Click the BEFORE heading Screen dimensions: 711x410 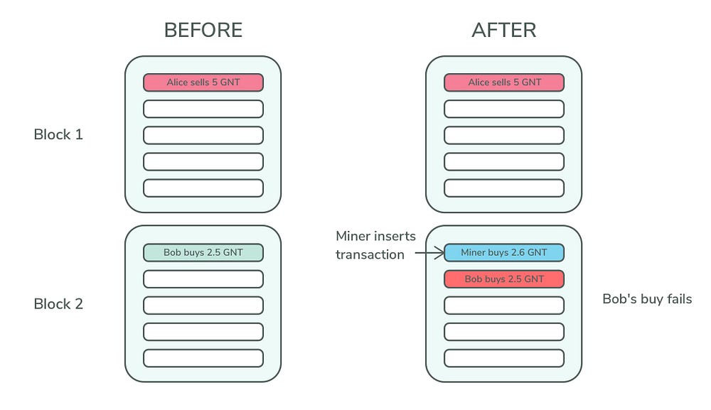coord(203,30)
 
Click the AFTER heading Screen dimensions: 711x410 coord(503,30)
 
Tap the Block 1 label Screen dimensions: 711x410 coord(58,134)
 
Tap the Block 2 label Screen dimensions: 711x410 coord(58,304)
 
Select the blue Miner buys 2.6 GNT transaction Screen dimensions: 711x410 coord(504,252)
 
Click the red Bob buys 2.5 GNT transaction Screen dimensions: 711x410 coord(504,279)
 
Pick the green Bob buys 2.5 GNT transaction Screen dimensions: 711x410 coord(203,252)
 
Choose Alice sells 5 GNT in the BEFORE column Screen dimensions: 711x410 coord(203,82)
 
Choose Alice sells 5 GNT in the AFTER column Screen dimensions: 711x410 coord(504,82)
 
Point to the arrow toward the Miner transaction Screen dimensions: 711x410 coord(429,252)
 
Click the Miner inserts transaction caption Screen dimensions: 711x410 coord(375,244)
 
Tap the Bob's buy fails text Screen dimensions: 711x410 coord(647,299)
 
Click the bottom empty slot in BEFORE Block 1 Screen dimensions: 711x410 coord(203,188)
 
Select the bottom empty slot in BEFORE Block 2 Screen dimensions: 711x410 coord(203,357)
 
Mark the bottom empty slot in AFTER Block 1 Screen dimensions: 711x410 coord(504,188)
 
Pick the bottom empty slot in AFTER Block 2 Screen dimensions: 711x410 coord(504,357)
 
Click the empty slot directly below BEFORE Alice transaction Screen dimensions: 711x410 coord(203,109)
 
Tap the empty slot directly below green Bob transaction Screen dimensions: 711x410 coord(203,279)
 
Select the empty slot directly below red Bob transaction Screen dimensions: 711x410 coord(504,305)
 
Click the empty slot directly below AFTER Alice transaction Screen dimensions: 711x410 coord(504,109)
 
